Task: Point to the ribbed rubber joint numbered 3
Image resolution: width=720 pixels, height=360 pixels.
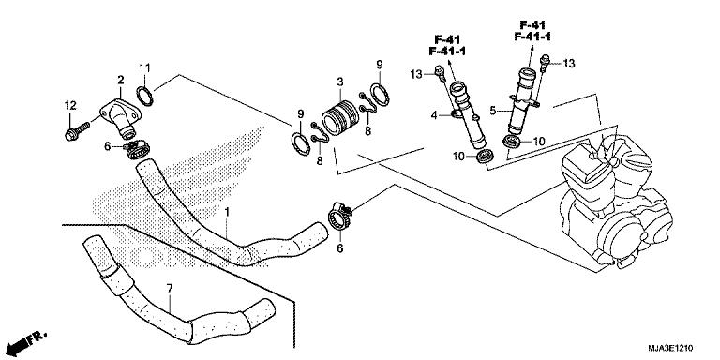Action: (341, 121)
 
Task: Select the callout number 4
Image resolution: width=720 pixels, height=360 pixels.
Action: (434, 116)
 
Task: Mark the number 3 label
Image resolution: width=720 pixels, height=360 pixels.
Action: (340, 82)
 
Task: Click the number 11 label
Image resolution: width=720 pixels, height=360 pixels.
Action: (145, 66)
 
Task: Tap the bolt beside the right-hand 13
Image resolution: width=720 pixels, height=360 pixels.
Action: (544, 63)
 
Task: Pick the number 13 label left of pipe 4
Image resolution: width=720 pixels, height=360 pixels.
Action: (415, 72)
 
